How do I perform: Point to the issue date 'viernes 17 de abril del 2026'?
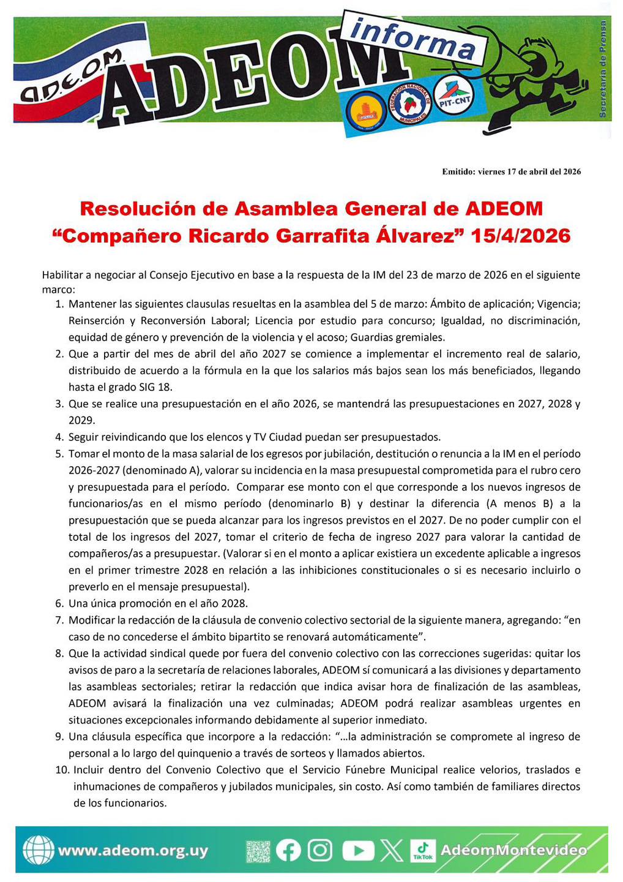click(x=529, y=171)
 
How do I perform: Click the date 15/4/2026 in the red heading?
click(x=521, y=236)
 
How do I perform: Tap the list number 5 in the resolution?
click(x=59, y=454)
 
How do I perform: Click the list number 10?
click(x=62, y=770)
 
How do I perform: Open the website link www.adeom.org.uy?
click(x=132, y=851)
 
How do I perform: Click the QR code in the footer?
click(x=258, y=851)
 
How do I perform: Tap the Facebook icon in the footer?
click(x=289, y=850)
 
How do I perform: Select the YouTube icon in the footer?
click(x=358, y=850)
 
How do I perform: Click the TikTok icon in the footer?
click(x=423, y=850)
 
